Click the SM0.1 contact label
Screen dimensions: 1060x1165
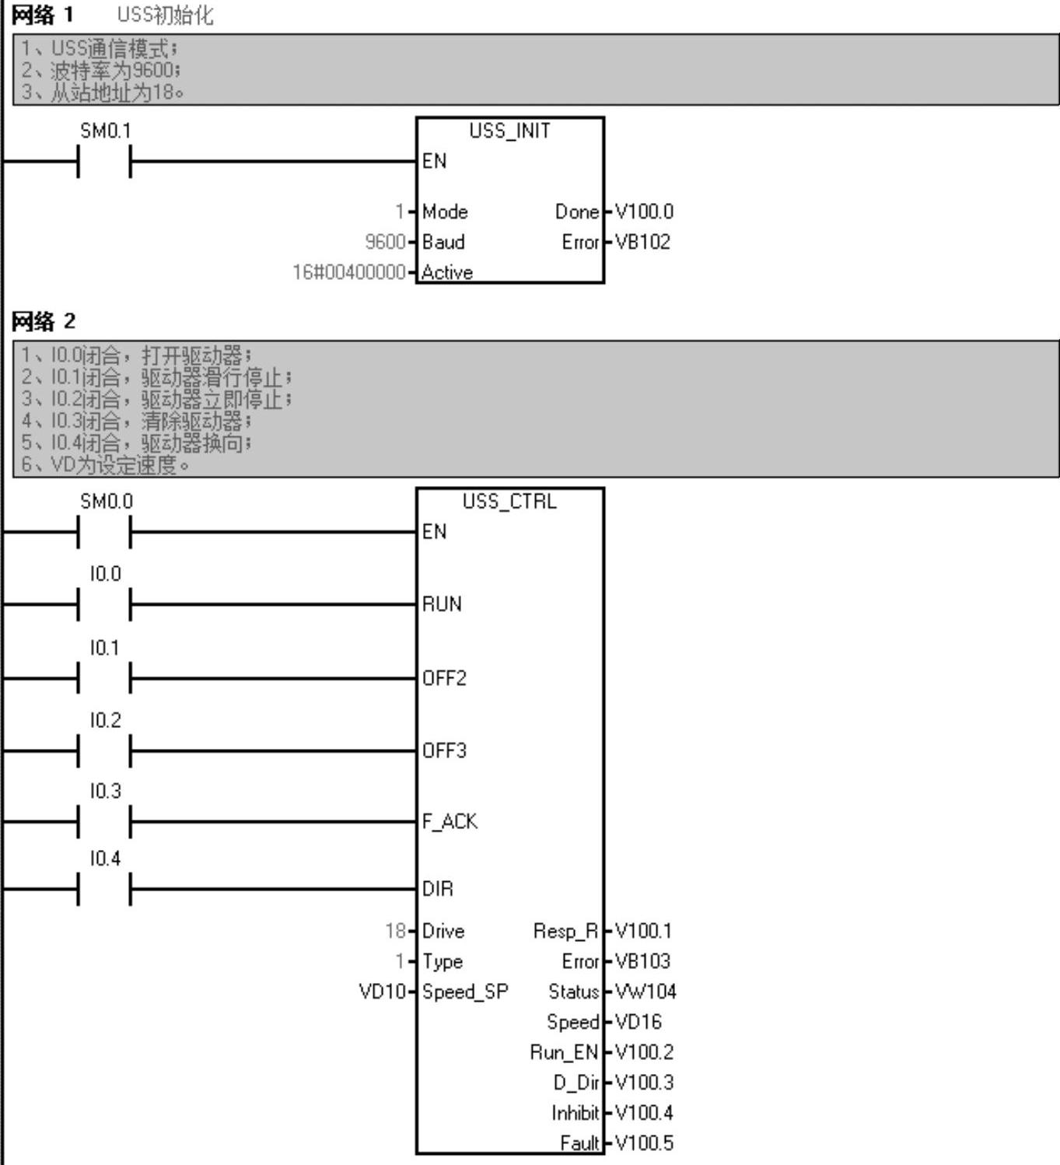point(106,131)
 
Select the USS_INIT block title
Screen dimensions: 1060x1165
point(509,131)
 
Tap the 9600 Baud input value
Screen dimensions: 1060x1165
point(386,242)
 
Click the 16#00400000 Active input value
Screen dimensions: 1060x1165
point(349,272)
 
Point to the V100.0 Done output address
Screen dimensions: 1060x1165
point(644,212)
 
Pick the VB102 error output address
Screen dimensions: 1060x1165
point(642,242)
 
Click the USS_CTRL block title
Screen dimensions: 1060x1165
point(509,502)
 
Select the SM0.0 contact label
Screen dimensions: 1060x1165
point(106,502)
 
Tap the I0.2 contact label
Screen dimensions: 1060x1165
point(106,720)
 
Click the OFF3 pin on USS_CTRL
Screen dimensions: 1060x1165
point(444,750)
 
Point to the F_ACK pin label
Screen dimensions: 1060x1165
point(450,821)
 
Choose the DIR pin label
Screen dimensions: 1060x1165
point(437,888)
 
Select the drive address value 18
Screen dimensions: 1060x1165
point(395,931)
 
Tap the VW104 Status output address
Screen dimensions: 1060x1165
point(645,992)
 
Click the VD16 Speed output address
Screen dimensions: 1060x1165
point(638,1022)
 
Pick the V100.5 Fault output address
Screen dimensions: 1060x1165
point(644,1143)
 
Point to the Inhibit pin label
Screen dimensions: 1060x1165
point(575,1113)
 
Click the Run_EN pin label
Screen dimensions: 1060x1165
point(564,1052)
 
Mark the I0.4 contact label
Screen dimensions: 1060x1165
point(106,859)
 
